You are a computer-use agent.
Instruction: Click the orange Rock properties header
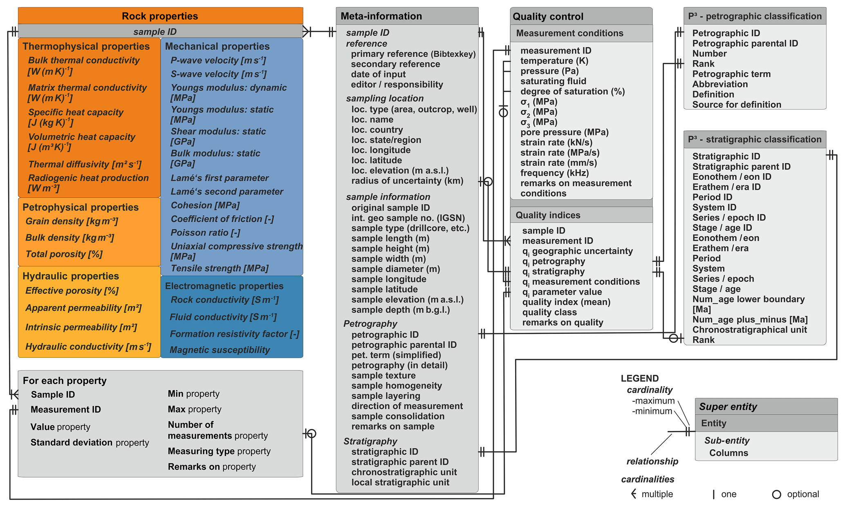[160, 16]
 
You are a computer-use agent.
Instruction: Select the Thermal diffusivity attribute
[85, 164]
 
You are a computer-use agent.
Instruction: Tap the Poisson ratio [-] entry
[205, 232]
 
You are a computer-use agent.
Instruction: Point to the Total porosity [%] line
[64, 254]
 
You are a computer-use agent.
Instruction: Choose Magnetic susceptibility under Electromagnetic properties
[220, 350]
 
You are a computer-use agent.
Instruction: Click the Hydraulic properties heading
[71, 276]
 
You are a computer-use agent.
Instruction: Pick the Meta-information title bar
[407, 16]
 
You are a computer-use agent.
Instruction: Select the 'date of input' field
[378, 74]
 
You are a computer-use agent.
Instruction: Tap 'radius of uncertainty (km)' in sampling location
[407, 181]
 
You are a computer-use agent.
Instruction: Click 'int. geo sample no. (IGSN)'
[408, 218]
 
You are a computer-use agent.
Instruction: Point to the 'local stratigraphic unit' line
[400, 482]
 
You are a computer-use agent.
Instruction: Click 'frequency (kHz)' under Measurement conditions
[554, 173]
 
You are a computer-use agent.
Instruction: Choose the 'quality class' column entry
[549, 312]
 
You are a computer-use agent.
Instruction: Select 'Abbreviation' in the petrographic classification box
[720, 84]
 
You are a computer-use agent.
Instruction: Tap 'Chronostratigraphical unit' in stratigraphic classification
[749, 330]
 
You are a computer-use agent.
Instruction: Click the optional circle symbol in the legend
[776, 494]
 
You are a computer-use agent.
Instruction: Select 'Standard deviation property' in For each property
[90, 442]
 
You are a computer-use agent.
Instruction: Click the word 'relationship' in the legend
[652, 461]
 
